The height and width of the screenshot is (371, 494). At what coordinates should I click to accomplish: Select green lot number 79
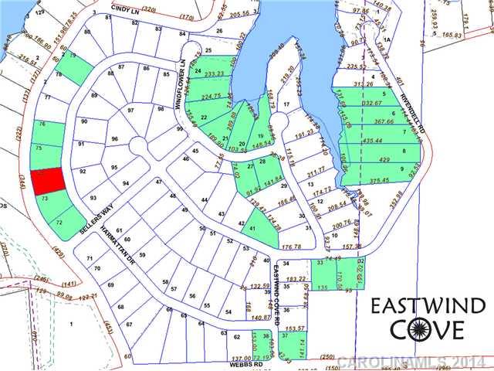coord(73,56)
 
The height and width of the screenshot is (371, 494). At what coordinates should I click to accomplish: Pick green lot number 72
coord(59,222)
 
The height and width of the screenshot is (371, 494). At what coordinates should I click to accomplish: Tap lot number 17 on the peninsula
coord(286,104)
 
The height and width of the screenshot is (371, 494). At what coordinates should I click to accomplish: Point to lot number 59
coord(141,254)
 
